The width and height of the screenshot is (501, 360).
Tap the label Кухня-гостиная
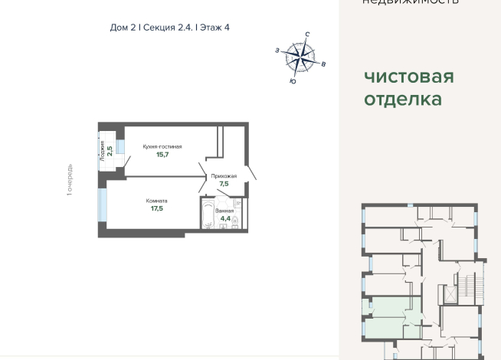click(162, 146)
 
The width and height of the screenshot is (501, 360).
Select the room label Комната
click(158, 201)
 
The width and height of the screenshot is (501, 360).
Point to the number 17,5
click(157, 209)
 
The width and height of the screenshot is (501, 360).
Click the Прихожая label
click(224, 175)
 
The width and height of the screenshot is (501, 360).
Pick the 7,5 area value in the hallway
click(224, 184)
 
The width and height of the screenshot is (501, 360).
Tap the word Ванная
click(224, 210)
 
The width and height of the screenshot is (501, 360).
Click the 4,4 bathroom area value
click(225, 218)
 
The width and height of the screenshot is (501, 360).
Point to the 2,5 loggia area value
click(110, 150)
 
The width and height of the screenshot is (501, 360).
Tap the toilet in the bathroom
click(235, 221)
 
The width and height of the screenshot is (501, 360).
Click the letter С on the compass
click(306, 34)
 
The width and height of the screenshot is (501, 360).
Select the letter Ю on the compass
click(293, 80)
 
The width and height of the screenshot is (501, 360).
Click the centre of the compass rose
click(301, 55)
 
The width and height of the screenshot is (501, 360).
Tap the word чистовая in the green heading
click(409, 77)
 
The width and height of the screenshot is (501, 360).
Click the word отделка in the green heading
click(402, 99)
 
